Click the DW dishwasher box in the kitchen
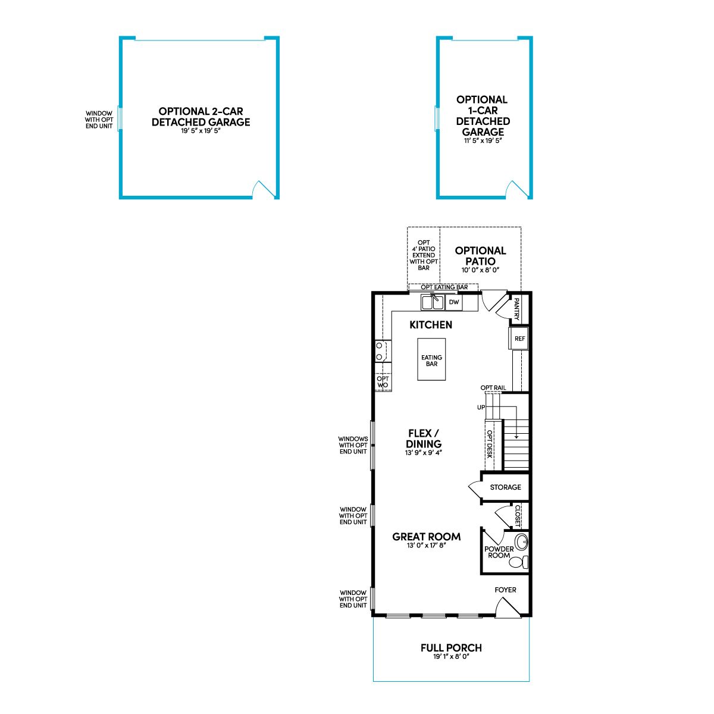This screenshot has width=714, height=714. tap(453, 302)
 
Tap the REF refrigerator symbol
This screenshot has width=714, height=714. tap(519, 339)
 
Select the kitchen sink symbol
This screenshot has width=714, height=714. tap(433, 302)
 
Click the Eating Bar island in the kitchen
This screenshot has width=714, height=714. tap(431, 359)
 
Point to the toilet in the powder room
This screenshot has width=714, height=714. tap(519, 562)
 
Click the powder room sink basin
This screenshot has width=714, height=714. tap(522, 543)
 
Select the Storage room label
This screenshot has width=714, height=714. tap(505, 487)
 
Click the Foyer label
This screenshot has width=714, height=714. tap(505, 590)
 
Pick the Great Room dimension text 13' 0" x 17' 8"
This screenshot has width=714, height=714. tap(426, 546)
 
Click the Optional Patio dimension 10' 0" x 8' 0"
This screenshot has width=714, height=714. tap(480, 270)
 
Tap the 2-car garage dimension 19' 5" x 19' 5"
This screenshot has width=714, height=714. tap(201, 131)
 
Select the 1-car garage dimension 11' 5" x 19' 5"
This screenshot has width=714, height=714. tap(483, 140)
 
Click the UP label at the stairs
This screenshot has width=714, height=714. tap(481, 407)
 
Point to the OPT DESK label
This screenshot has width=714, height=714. tap(490, 444)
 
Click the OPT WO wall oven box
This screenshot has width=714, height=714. tap(383, 382)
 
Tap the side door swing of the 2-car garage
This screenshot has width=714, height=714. tap(264, 189)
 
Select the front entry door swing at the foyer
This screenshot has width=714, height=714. tap(508, 607)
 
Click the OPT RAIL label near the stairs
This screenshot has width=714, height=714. tap(493, 387)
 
